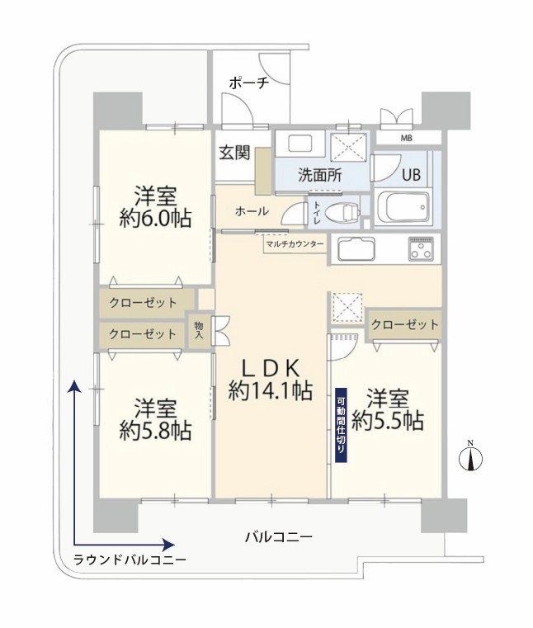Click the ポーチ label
pos(248,83)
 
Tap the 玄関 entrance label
pos(234,153)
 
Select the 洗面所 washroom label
pos(320,176)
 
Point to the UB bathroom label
pos(412,175)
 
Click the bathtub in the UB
pos(402,208)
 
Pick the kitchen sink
pos(356,248)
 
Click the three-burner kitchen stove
pos(422,248)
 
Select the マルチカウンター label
pos(295,243)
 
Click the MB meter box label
pos(407,139)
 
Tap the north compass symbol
pos(471,456)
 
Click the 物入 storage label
pos(199,329)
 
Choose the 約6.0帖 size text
pos(155,219)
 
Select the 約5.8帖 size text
pos(155,431)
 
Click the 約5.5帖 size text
pos(388,421)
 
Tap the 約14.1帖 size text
pos(271,390)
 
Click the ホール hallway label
pos(252,211)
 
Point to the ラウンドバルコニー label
pos(130,560)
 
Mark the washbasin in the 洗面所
pos(300,144)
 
